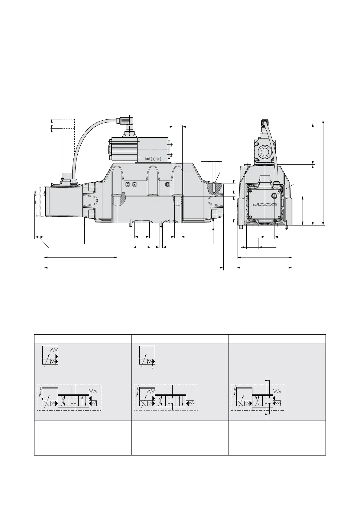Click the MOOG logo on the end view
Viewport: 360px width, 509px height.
[x=265, y=205]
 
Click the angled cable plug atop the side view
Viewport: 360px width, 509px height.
[x=125, y=121]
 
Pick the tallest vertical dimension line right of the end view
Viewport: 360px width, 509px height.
[x=323, y=172]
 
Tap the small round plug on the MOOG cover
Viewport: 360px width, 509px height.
[x=274, y=196]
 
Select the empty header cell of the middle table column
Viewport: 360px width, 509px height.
[x=180, y=339]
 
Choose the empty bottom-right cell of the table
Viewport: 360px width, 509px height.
[x=277, y=437]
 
